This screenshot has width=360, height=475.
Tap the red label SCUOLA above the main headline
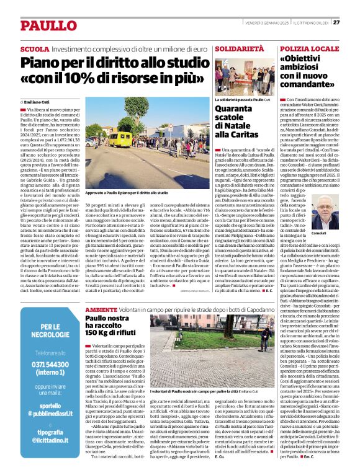click(x=35, y=48)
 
